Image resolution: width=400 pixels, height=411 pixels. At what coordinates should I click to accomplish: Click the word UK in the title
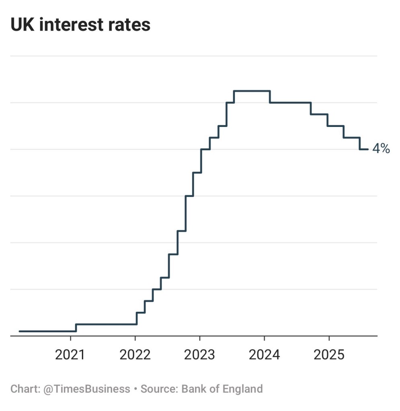(21, 25)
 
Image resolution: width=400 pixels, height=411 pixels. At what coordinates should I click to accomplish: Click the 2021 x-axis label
(71, 355)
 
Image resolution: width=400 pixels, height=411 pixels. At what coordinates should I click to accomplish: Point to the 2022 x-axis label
(135, 355)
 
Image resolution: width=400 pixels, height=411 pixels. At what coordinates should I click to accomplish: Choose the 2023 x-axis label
(200, 355)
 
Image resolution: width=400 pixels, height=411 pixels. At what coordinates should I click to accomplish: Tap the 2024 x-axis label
(265, 355)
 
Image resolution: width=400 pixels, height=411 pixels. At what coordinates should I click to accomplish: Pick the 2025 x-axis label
(329, 355)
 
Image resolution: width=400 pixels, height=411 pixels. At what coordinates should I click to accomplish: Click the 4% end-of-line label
(381, 149)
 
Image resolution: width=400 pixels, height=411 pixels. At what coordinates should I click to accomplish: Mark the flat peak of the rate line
(252, 91)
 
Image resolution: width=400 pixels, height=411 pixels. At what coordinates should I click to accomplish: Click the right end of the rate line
(367, 149)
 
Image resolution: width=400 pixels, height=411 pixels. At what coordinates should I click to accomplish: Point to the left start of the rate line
(20, 331)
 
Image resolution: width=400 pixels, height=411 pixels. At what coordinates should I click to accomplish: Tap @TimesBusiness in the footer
(86, 389)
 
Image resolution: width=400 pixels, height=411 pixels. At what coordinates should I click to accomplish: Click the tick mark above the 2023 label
(200, 338)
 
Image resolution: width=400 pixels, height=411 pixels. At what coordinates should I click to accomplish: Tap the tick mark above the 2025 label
(329, 338)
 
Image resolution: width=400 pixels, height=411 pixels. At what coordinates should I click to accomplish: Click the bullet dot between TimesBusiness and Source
(135, 389)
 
